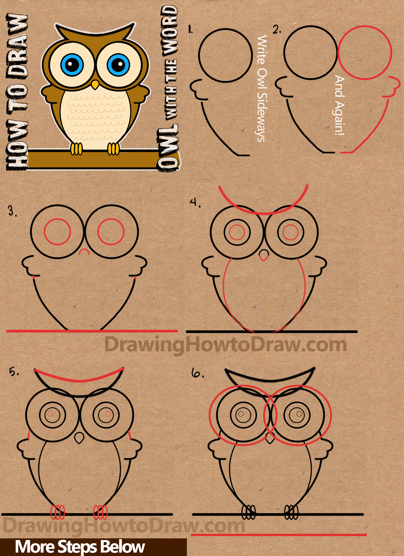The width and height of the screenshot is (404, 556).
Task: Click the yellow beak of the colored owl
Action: (x=95, y=85)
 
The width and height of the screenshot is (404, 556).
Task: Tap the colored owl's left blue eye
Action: (x=72, y=65)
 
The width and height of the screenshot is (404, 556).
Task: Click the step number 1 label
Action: (x=190, y=29)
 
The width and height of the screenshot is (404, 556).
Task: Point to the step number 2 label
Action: (x=277, y=30)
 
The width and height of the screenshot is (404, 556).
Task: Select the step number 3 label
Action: (x=12, y=212)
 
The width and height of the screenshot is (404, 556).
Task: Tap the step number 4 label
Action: (x=195, y=203)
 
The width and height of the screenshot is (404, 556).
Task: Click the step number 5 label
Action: (x=14, y=372)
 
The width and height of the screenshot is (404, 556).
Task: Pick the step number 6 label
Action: (x=197, y=373)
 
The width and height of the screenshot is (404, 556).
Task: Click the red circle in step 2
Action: (x=365, y=53)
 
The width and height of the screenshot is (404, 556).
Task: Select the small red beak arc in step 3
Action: (x=84, y=252)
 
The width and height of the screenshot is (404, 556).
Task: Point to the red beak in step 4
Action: (x=264, y=255)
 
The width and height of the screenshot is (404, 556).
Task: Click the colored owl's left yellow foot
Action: (x=76, y=149)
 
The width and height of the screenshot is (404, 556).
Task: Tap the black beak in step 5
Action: (x=79, y=438)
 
